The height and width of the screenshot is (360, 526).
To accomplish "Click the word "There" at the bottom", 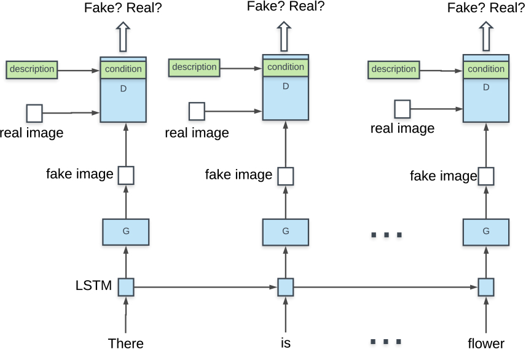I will pos(125,343).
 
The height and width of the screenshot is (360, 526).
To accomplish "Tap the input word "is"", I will pos(286,343).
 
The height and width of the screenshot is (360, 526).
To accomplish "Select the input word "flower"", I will pos(485,343).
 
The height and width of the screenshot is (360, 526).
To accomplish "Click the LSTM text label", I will pos(94,286).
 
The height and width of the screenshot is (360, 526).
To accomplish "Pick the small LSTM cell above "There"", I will pos(126,287).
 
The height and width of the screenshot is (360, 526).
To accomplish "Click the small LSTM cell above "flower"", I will pos(486,287).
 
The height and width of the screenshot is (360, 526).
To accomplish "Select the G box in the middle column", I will pos(286,232).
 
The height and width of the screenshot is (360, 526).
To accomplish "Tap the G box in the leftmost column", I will pos(126,232).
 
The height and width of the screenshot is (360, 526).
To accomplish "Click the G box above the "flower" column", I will pos(486,232).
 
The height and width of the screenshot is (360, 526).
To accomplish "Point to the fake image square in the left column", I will pos(126,175).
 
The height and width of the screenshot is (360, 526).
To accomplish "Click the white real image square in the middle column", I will pos(197,111).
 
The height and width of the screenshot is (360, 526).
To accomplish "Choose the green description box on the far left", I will pos(32,69).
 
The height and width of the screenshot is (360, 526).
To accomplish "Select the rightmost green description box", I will pos(394,69).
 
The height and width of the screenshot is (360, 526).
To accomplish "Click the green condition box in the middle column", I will pos(286,67).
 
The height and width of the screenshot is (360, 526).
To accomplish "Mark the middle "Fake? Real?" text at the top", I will pos(286,7).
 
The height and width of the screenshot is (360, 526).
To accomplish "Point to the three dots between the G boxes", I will pos(387,235).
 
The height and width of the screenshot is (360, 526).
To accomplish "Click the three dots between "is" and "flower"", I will pos(387,342).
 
